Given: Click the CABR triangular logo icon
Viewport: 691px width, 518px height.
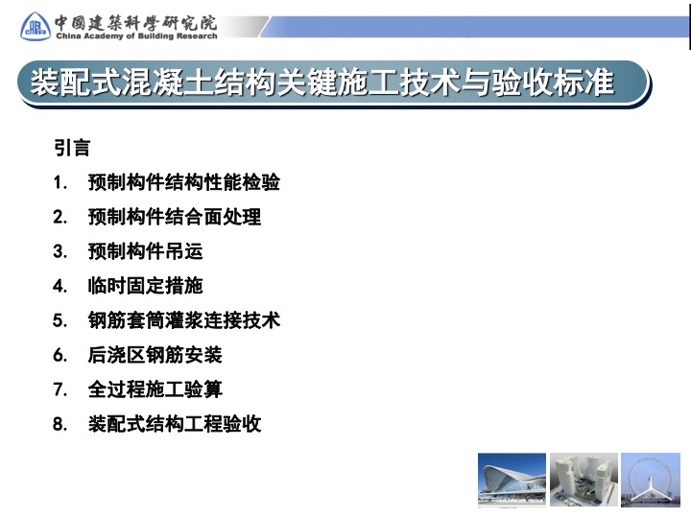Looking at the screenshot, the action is click(36, 27).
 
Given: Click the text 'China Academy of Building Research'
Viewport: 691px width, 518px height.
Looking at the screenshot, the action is click(136, 35).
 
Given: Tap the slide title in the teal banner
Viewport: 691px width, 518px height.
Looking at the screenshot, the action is click(322, 82).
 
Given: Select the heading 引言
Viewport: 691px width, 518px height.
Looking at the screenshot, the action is click(72, 148).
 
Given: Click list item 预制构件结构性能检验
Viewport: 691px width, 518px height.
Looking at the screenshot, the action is click(183, 182).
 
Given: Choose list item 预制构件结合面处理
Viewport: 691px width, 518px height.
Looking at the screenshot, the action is click(175, 216).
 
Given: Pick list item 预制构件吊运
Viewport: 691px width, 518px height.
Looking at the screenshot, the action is click(146, 251).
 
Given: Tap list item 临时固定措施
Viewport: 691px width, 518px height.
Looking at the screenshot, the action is click(146, 286).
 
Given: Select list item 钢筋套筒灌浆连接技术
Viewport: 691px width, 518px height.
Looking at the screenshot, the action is click(183, 319).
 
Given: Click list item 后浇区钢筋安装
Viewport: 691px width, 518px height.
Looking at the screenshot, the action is click(155, 355).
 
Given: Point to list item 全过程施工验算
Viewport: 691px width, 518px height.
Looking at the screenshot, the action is click(155, 388).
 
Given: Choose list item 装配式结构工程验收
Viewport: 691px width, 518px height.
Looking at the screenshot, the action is click(175, 424).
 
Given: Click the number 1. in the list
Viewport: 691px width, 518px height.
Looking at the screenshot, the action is click(60, 182).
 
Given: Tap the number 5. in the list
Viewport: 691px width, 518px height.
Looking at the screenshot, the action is click(60, 320).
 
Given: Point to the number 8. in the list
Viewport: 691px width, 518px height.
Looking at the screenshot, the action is click(60, 424).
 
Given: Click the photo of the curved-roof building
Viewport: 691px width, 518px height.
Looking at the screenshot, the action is click(512, 480).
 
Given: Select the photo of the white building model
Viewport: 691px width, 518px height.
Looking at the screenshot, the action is click(584, 480).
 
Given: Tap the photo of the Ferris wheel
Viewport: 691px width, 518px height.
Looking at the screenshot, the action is click(651, 480).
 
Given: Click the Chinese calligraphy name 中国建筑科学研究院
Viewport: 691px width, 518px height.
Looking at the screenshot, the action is click(135, 22).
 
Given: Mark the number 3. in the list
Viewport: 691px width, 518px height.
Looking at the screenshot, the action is click(60, 251).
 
